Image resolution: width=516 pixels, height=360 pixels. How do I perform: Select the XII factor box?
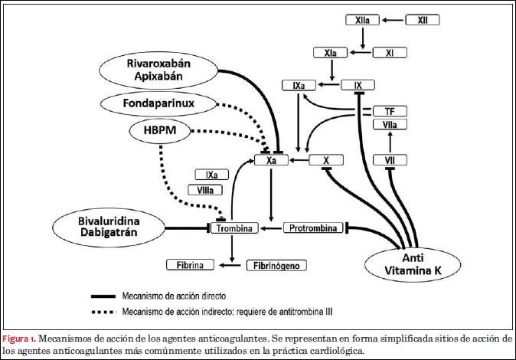pyautogui.click(x=423, y=21)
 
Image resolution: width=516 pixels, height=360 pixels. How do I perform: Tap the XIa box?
pyautogui.click(x=331, y=53)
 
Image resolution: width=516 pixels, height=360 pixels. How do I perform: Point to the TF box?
pyautogui.click(x=389, y=112)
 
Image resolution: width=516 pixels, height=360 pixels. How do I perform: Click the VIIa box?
pyautogui.click(x=389, y=125)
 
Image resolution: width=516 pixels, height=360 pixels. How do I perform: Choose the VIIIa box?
pyautogui.click(x=204, y=190)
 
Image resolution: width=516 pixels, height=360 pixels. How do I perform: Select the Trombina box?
pyautogui.click(x=234, y=228)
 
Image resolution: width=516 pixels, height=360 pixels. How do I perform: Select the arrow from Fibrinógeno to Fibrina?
pyautogui.click(x=230, y=265)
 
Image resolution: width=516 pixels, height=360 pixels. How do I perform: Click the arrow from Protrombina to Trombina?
pyautogui.click(x=270, y=228)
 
